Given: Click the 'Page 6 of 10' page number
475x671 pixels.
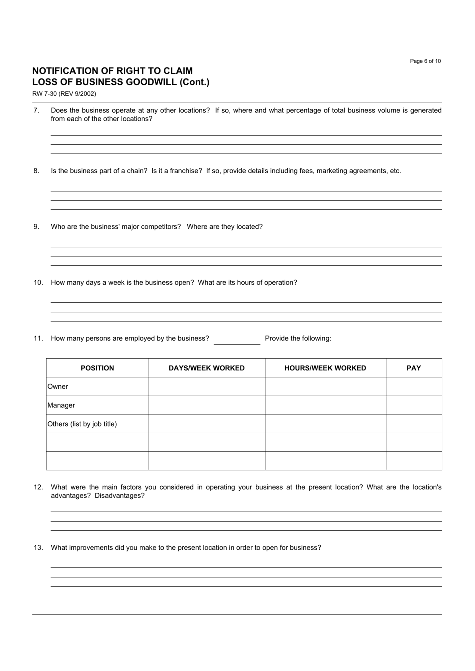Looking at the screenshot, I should tap(425, 61).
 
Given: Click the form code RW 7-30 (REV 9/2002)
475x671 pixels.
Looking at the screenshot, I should tap(64, 94).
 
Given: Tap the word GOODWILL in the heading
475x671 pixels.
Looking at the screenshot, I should tap(150, 82).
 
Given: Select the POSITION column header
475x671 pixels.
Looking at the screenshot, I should tap(97, 368).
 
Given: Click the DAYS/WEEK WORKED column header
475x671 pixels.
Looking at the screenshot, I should tap(207, 368).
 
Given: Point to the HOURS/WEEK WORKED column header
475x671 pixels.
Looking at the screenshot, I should tap(325, 368).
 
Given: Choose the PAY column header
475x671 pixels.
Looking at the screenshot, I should tap(414, 368).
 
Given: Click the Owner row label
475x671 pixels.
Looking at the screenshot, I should tap(58, 387).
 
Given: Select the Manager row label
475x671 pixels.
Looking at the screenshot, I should tap(61, 405).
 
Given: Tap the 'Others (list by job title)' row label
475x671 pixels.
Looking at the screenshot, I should tap(82, 424).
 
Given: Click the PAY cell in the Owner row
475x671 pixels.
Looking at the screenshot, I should tap(414, 387).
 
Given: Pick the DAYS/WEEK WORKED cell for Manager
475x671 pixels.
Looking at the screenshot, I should tap(207, 405).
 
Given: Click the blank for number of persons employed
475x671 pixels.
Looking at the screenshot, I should tap(237, 339).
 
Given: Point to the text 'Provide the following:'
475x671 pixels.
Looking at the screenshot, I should tap(298, 339).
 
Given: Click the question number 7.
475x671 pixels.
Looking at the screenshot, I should tap(36, 110).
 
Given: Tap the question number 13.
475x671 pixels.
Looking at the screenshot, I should tap(38, 548).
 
